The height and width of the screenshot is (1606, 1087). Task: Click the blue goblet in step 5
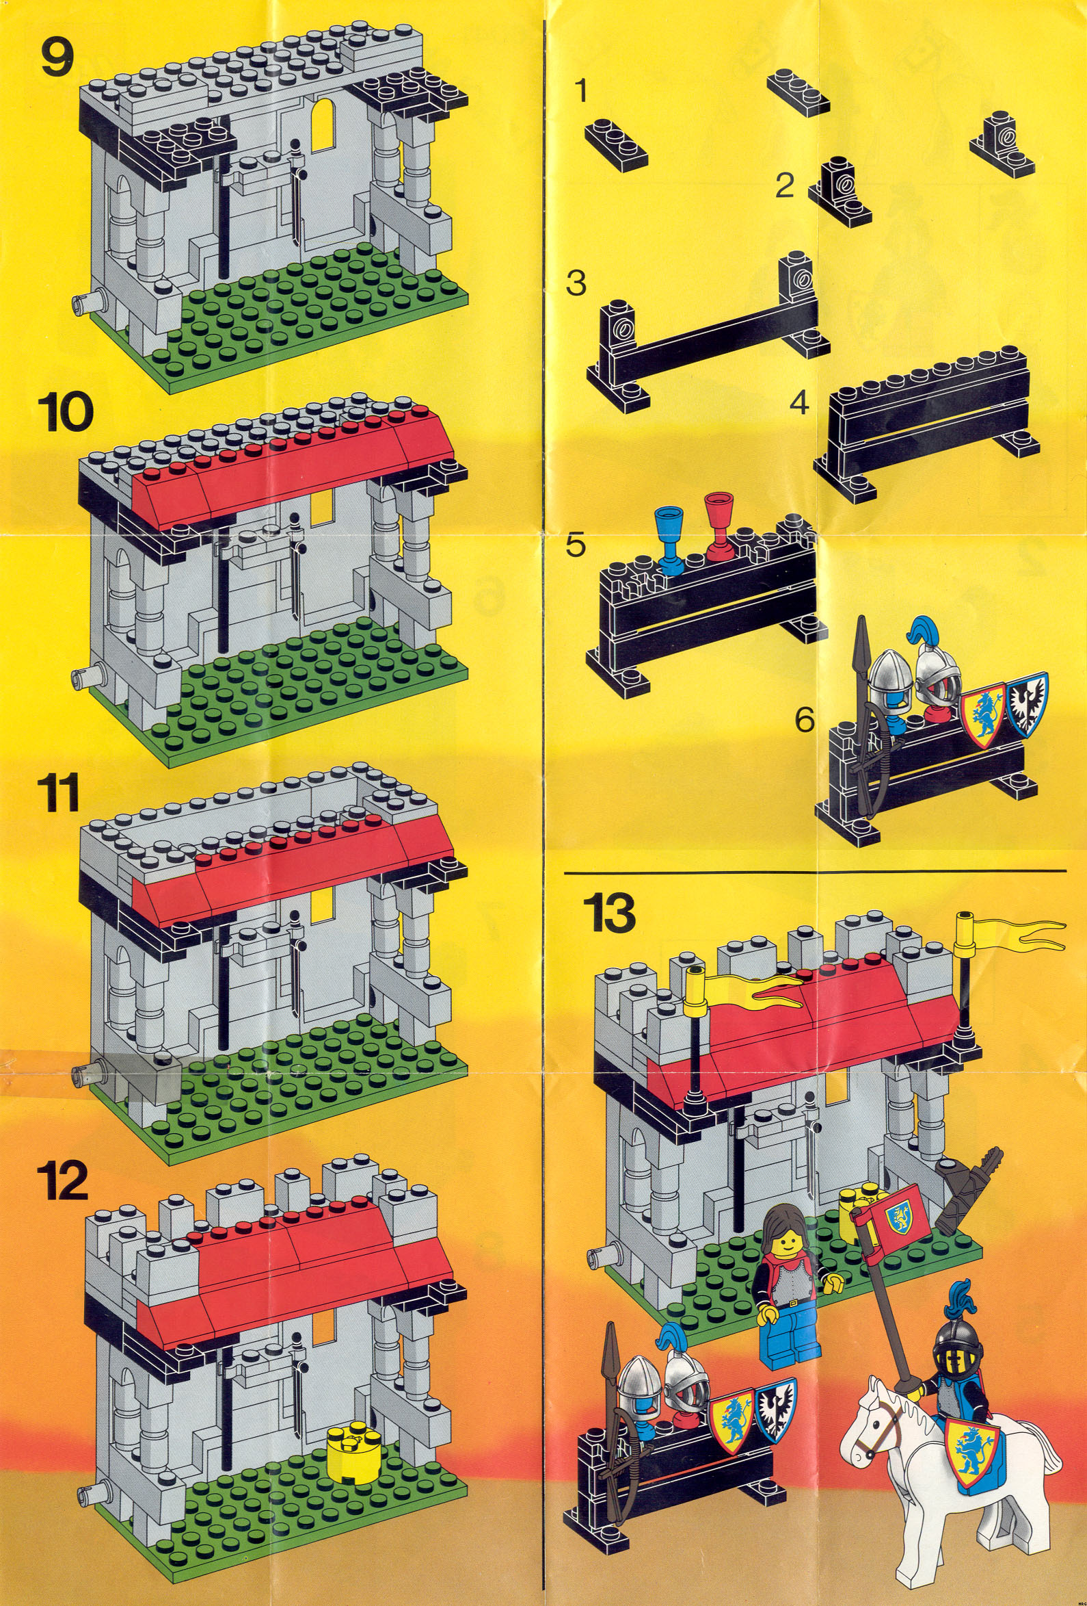pyautogui.click(x=669, y=539)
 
